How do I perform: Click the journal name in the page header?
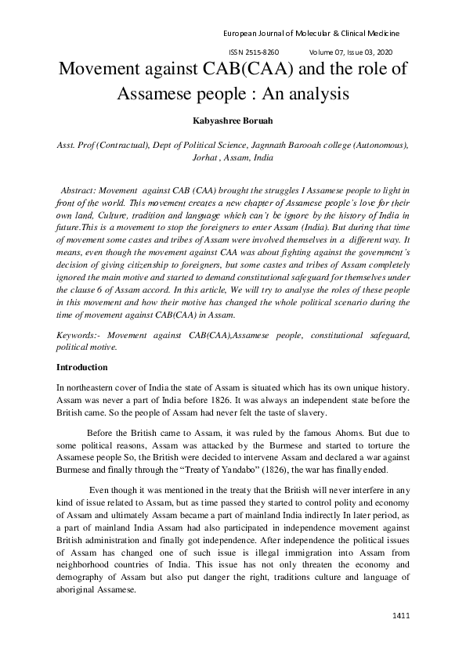[311, 34]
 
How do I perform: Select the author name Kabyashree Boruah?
[233, 122]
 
